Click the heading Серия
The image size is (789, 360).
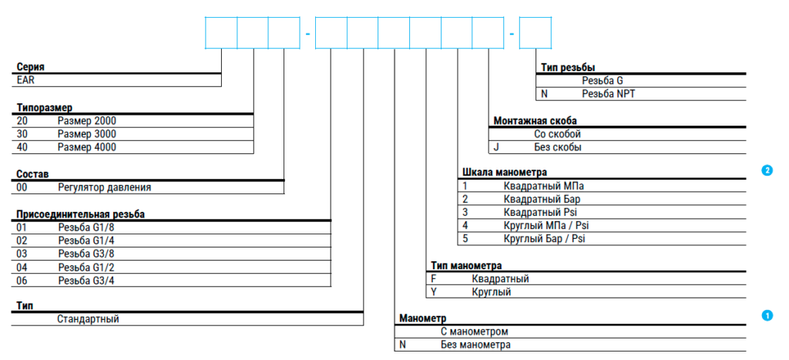pyautogui.click(x=31, y=67)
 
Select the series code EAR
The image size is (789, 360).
pyautogui.click(x=25, y=80)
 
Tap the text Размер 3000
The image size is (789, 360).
pyautogui.click(x=87, y=134)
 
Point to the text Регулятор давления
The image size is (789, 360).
pyautogui.click(x=105, y=188)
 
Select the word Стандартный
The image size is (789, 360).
pyautogui.click(x=88, y=318)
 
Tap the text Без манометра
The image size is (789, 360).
pyautogui.click(x=475, y=345)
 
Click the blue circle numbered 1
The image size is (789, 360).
pyautogui.click(x=767, y=315)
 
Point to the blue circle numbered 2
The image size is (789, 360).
pyautogui.click(x=767, y=170)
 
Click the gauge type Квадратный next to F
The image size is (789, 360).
pyautogui.click(x=500, y=279)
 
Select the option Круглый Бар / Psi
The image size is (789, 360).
pyautogui.click(x=545, y=239)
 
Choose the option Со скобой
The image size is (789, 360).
pyautogui.click(x=558, y=134)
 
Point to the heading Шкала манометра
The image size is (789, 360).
pyautogui.click(x=505, y=173)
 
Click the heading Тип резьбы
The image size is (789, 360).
pyautogui.click(x=569, y=68)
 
